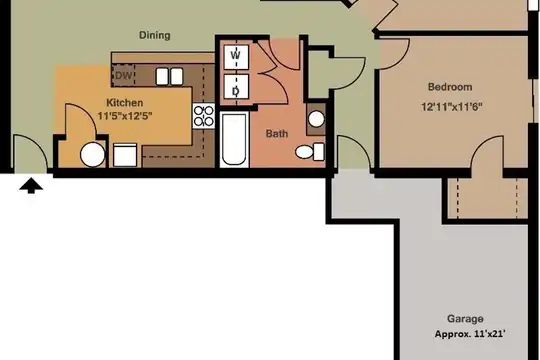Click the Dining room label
point(155,35)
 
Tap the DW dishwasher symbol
point(123,75)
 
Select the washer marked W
point(236,56)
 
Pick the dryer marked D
point(236,86)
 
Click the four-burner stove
point(204,116)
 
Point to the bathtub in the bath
point(234,139)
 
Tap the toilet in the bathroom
point(310,152)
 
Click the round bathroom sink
point(316,119)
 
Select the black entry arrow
point(31,186)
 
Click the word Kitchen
point(125,103)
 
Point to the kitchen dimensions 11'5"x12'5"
point(125,116)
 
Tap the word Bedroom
point(450,87)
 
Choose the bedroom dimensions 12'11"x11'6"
point(451,107)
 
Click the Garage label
point(465,319)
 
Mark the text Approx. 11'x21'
point(470,334)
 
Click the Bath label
point(277,134)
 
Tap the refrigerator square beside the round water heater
point(125,155)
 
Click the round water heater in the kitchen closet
point(93,155)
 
